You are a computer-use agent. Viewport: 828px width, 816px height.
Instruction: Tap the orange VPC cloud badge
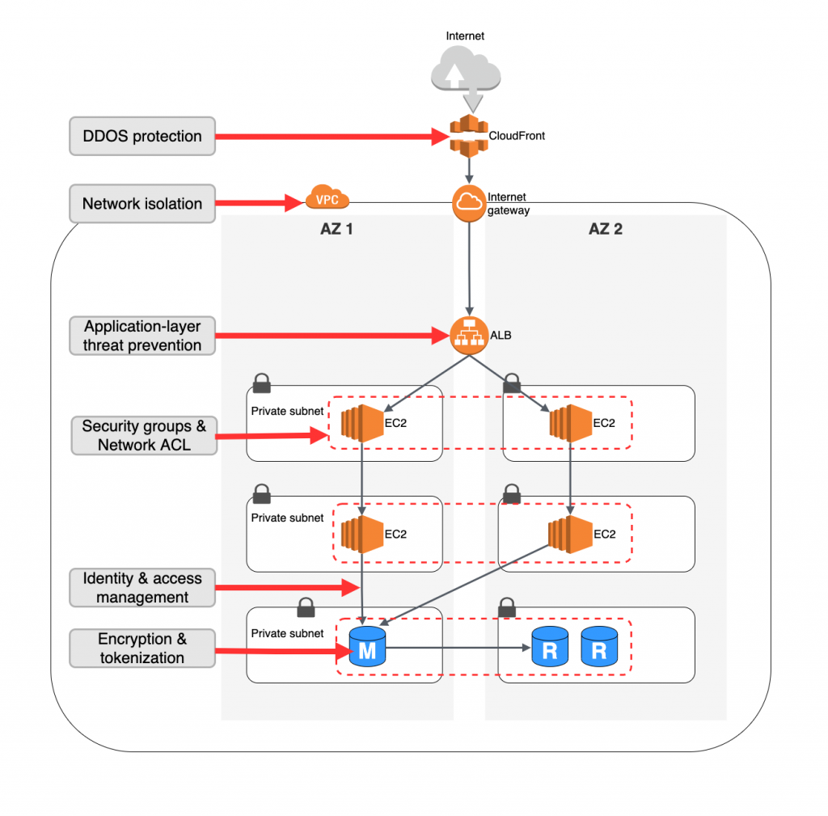pyautogui.click(x=327, y=198)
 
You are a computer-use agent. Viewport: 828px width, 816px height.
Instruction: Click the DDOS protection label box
pyautogui.click(x=142, y=136)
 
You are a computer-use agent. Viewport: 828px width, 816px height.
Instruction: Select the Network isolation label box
pyautogui.click(x=142, y=204)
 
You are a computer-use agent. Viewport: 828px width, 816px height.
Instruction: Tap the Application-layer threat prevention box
pyautogui.click(x=142, y=336)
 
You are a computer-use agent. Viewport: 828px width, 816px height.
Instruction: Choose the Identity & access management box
pyautogui.click(x=142, y=588)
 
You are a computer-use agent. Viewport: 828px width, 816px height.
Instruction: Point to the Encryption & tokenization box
pyautogui.click(x=142, y=648)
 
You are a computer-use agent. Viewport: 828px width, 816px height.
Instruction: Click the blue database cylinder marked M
pyautogui.click(x=367, y=647)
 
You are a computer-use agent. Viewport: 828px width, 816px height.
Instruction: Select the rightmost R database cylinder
pyautogui.click(x=599, y=647)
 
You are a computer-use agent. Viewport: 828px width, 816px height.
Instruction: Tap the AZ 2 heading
pyautogui.click(x=605, y=229)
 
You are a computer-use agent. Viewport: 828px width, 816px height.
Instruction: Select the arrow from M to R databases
pyautogui.click(x=457, y=647)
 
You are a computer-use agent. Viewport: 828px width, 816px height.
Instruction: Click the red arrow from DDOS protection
pyautogui.click(x=332, y=137)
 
